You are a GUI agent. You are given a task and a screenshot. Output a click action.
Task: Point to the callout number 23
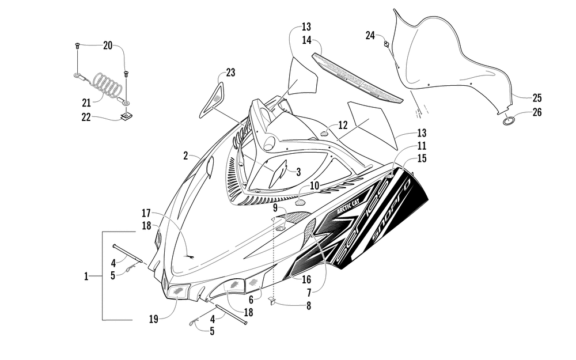pos(230,73)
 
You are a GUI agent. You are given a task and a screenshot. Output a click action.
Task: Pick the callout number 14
pos(306,40)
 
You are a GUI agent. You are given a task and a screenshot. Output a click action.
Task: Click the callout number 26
pos(537,112)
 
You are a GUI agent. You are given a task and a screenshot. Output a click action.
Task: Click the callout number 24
pos(370,35)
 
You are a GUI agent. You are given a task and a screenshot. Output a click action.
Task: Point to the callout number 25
pos(537,97)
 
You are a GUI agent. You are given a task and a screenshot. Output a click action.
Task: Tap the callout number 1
pos(86,276)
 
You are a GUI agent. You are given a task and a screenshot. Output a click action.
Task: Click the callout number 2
pos(185,156)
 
